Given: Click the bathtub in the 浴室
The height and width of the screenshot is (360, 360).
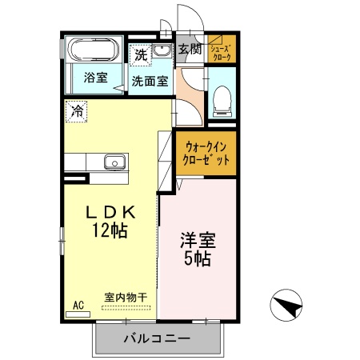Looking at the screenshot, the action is coord(94,50).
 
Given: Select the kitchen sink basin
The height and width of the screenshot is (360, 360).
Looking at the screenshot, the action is coord(114,162).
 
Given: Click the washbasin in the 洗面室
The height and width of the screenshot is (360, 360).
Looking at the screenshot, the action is coord(162,50).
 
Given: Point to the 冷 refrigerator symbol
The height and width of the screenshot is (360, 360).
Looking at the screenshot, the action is coord(77,111).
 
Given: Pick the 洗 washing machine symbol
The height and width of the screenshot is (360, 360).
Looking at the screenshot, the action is coord(141,55).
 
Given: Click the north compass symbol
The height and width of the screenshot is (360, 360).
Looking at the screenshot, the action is coord(286,305).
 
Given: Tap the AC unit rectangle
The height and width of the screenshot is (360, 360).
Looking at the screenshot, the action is coord(78,314).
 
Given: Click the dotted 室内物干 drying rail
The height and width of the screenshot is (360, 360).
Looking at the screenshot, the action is coord(126,308).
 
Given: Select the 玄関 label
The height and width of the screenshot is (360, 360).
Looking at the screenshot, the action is coord(190,49).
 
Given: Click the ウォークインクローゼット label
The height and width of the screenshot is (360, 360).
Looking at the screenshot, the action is coord(206,154).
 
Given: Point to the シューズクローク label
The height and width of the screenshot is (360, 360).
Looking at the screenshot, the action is coord(221,53).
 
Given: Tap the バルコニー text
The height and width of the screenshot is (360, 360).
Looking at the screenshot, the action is coord(157,338).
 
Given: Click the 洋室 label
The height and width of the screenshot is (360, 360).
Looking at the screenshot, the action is coord(198,240).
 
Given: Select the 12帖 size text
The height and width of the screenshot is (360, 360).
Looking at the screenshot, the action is coord(110,230).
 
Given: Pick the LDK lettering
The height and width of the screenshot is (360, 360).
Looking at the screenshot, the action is coord(110,213).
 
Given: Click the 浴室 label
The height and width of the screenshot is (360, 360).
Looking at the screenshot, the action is coord(96,78).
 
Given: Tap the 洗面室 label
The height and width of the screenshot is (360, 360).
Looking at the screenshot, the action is coord(150,81).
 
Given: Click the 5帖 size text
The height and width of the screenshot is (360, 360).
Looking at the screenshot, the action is coord(198,258).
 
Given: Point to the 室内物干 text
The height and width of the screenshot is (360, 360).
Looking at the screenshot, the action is coord(126,298).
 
